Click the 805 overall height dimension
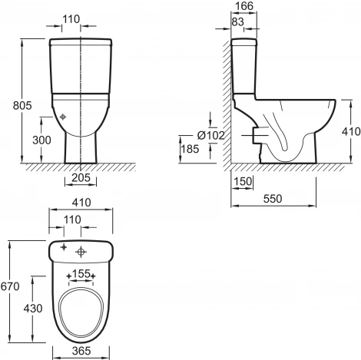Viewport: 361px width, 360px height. tap(22, 105)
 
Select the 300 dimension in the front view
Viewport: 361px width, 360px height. tap(41, 140)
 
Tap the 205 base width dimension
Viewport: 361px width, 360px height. tap(81, 177)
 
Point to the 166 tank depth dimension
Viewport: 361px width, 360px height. tap(244, 6)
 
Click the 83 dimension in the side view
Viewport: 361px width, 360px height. tap(238, 21)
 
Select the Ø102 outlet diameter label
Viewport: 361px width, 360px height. tap(211, 135)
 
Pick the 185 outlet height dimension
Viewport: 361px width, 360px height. tap(190, 149)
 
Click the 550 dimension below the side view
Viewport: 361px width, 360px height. tap(273, 199)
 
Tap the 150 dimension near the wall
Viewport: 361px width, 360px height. tap(243, 181)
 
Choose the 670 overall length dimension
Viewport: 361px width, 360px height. tap(10, 286)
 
